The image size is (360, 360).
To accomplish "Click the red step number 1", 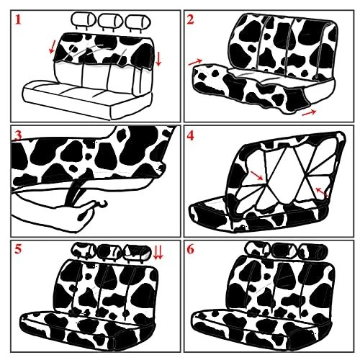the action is point(18,19).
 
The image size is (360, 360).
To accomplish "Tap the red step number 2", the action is point(190,19).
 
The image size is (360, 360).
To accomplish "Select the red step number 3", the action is point(18,135).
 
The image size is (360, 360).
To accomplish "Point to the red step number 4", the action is point(190,136).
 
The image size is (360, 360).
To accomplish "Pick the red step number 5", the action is point(18,249).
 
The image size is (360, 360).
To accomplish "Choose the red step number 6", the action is point(190,249).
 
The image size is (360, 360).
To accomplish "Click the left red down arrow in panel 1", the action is point(52,47).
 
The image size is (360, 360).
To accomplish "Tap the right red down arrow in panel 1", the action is point(158,59).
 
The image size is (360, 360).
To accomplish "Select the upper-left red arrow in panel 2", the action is point(196,62).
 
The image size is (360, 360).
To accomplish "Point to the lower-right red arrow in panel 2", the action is point(309,112).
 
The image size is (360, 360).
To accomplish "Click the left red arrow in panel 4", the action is point(256,176).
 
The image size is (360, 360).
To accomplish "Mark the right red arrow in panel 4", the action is point(322,192).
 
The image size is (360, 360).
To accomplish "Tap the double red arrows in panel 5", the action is point(158,253).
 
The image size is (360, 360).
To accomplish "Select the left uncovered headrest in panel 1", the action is point(84,19).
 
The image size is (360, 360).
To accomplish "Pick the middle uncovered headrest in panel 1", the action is point(110,20).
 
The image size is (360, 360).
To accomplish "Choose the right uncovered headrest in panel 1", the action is point(138,21).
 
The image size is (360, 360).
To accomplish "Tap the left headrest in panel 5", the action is point(84,250).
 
